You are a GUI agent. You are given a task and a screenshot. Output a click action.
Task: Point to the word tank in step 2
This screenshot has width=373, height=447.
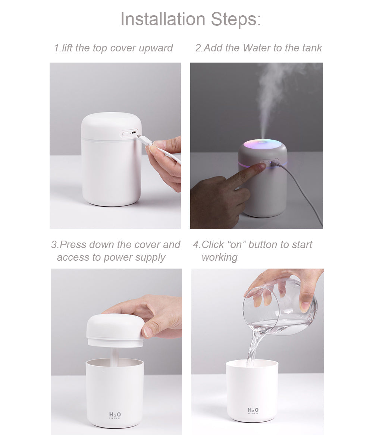click(x=311, y=48)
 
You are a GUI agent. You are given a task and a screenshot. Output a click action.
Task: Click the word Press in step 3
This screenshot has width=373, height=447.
click(x=74, y=245)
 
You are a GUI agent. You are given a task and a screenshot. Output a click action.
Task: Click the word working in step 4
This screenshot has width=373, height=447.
click(x=219, y=257)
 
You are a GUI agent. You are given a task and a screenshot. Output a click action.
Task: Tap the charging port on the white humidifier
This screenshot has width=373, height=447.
click(x=133, y=133)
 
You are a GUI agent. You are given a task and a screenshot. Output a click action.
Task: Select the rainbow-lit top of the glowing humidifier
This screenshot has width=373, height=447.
click(x=263, y=144)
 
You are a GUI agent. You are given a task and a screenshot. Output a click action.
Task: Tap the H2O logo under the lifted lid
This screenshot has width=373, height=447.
click(x=115, y=415)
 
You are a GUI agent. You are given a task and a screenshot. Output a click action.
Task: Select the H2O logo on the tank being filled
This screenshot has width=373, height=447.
click(x=253, y=410)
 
